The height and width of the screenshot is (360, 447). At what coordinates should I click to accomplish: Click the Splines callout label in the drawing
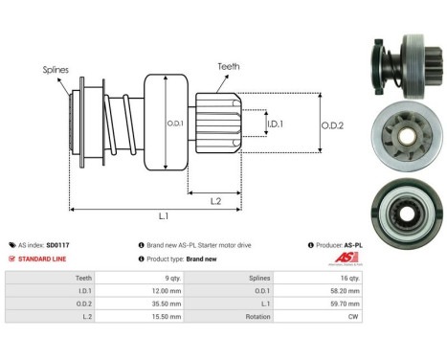point(55,70)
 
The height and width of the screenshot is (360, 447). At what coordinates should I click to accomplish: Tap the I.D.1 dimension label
point(275,124)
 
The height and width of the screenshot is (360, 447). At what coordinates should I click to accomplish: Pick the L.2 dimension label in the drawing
point(216,199)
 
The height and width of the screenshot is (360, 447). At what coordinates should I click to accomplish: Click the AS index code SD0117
point(85,245)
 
